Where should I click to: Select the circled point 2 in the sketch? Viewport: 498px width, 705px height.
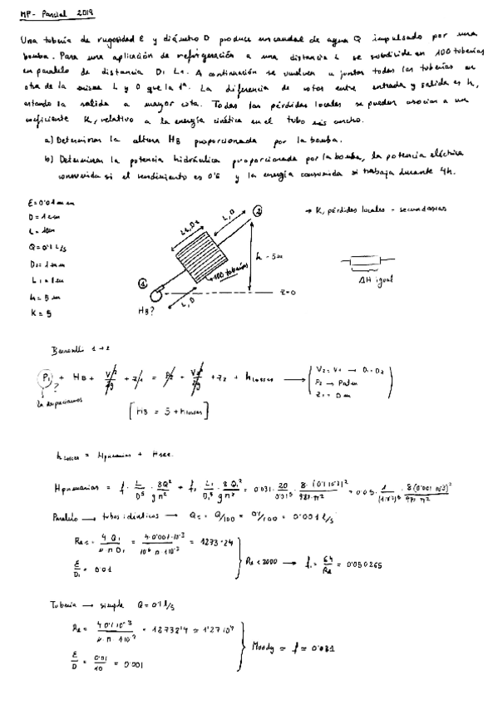tap(259, 213)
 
